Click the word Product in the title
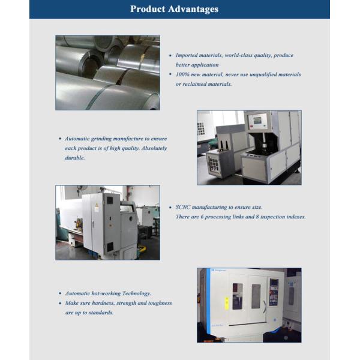click(x=148, y=9)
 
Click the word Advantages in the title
click(x=193, y=10)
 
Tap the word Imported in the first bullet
click(x=186, y=56)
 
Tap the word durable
click(x=75, y=158)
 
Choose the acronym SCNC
click(x=183, y=207)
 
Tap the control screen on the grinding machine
click(x=257, y=120)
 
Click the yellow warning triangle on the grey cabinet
click(x=97, y=205)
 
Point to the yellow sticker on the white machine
click(x=227, y=303)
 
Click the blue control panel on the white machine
click(x=274, y=292)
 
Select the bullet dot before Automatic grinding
click(x=60, y=139)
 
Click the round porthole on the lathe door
click(x=131, y=218)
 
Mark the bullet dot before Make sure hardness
click(x=60, y=303)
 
